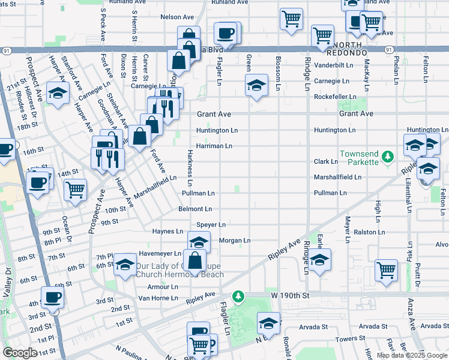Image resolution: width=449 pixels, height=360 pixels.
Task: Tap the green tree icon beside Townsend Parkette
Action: pyautogui.click(x=388, y=157)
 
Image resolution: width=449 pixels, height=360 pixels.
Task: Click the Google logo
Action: pyautogui.click(x=20, y=353)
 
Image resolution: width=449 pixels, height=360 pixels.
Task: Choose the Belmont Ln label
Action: pyautogui.click(x=195, y=209)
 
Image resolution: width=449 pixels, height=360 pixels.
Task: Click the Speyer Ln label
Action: pyautogui.click(x=211, y=224)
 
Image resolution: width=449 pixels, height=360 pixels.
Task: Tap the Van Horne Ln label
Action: pyautogui.click(x=158, y=298)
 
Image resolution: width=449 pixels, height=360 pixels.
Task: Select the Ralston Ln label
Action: pyautogui.click(x=356, y=231)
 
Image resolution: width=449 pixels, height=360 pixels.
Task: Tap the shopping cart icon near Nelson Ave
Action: pyautogui.click(x=291, y=19)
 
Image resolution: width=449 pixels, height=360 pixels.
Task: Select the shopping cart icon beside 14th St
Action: pyautogui.click(x=76, y=189)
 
